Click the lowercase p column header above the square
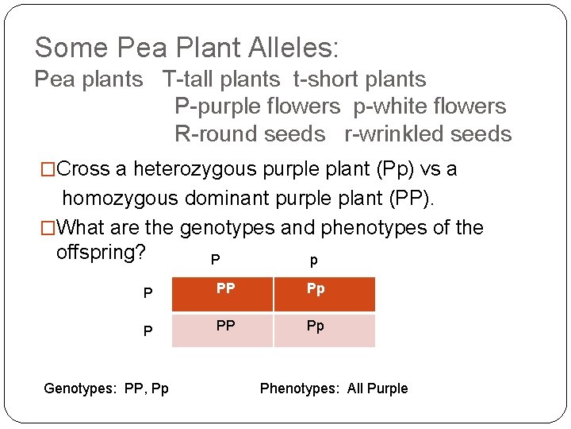pos(314,261)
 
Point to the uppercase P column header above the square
pos(216,260)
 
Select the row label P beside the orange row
pos(148,293)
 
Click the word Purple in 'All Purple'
pos(388,388)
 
